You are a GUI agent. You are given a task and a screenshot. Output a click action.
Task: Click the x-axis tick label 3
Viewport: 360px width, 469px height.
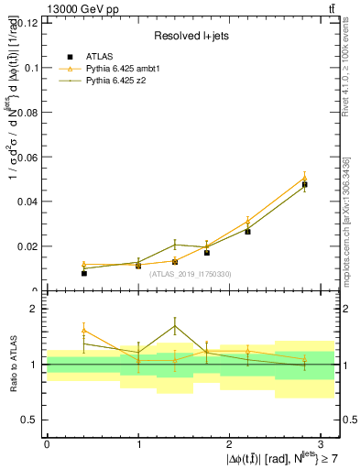pyautogui.click(x=322, y=443)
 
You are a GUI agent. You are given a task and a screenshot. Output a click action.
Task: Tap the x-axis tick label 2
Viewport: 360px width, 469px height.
pyautogui.click(x=229, y=443)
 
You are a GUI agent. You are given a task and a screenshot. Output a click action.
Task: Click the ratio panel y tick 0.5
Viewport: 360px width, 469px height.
pyautogui.click(x=32, y=420)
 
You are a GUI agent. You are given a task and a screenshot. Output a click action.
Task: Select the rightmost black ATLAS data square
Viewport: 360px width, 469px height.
pyautogui.click(x=304, y=184)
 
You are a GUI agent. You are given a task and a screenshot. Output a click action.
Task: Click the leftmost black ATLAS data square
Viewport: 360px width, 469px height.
pyautogui.click(x=83, y=272)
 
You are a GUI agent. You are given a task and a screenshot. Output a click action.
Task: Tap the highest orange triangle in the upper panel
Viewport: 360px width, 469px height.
pyautogui.click(x=304, y=178)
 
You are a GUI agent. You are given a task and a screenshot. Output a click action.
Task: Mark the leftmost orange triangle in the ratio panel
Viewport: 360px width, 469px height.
pyautogui.click(x=83, y=330)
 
